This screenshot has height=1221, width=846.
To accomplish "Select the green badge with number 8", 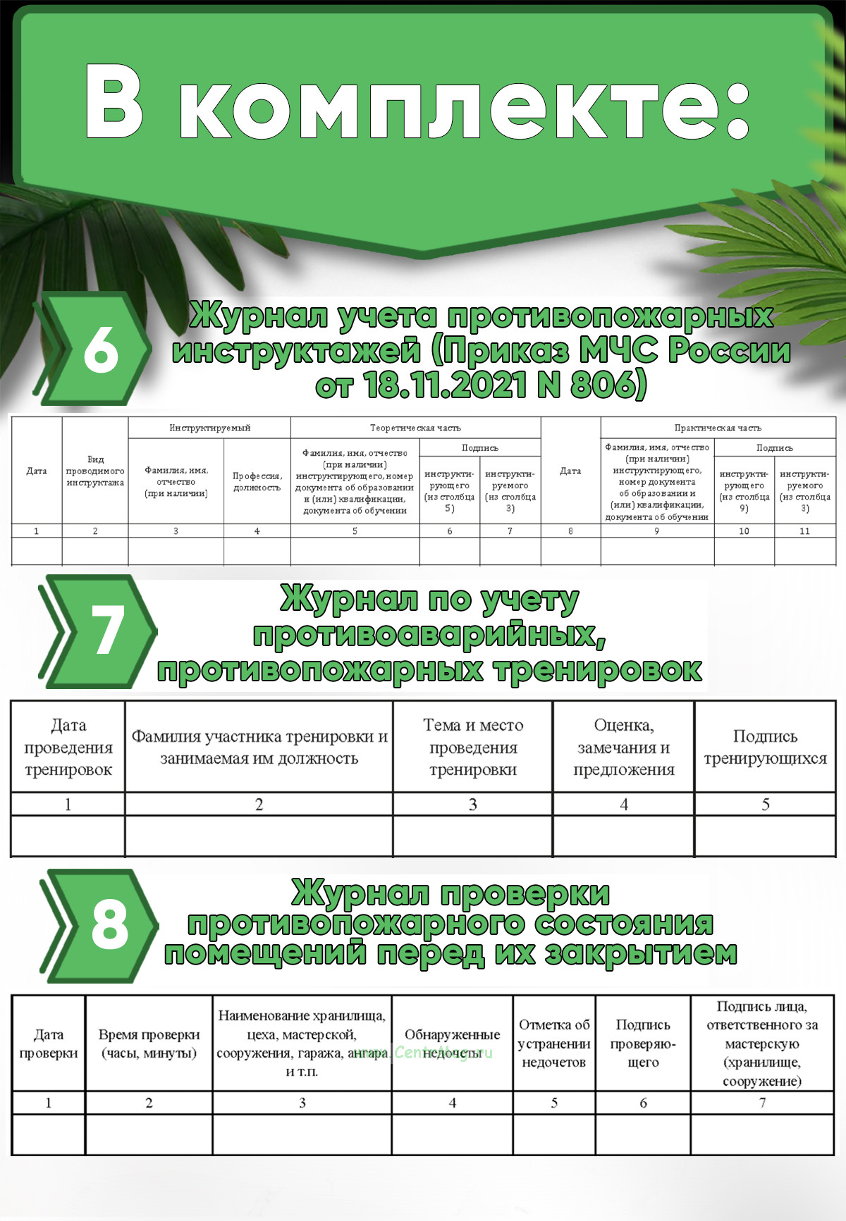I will (x=109, y=924).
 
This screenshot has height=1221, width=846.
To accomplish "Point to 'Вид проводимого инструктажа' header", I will (x=95, y=471).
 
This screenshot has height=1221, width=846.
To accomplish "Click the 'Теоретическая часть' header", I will (x=415, y=428).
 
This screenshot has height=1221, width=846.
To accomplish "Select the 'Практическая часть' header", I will (x=718, y=428).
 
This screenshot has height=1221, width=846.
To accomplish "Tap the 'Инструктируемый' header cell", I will (x=209, y=428).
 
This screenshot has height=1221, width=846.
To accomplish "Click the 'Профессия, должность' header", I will (x=257, y=482).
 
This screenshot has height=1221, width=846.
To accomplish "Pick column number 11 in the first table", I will (x=804, y=531).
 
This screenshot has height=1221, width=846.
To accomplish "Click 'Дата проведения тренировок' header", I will (x=68, y=747).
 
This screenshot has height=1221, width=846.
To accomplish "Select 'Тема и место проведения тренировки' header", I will (x=473, y=747).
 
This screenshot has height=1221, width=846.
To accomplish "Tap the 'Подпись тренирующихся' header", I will (x=765, y=747).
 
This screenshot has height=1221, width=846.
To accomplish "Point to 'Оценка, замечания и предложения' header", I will (x=623, y=747).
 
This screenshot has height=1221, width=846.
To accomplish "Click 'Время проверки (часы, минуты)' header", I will (x=149, y=1044).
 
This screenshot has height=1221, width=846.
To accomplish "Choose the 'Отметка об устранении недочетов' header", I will (x=554, y=1043).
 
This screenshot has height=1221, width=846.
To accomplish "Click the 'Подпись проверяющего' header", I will (x=643, y=1043).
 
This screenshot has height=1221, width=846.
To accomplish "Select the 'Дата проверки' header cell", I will (x=49, y=1044).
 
